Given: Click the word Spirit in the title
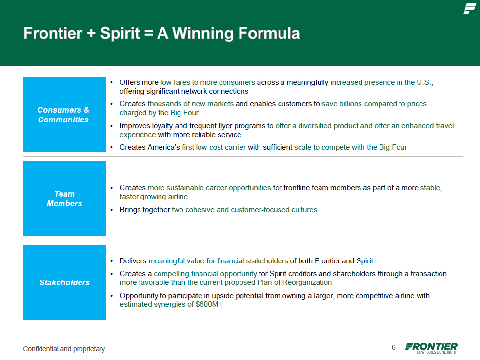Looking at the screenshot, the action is pos(120,33).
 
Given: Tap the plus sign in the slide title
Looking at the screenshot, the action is pos(91,33).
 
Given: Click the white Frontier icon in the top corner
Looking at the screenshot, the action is pos(469,9).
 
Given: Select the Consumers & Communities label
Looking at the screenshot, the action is pos(63,115).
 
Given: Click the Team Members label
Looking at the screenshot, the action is pos(64,199).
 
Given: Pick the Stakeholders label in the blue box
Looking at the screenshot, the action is pos(64,282).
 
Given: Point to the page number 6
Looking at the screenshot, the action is pos(393,347).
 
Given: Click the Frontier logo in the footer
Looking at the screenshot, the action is pos(431,348).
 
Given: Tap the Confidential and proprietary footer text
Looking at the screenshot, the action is pos(64,349).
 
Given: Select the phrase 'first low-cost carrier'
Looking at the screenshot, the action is pos(214,147).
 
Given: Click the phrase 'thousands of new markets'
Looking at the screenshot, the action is pos(190,104).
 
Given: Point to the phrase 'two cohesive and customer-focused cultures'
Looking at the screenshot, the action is pos(244,210).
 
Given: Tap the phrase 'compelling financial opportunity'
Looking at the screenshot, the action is pos(205,274).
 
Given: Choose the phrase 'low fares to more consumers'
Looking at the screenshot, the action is pos(207,82).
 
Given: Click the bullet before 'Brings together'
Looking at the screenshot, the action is pos(112,210).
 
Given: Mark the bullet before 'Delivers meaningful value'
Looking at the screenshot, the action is pos(112,261).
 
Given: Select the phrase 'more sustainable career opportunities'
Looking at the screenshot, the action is pos(209,188).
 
